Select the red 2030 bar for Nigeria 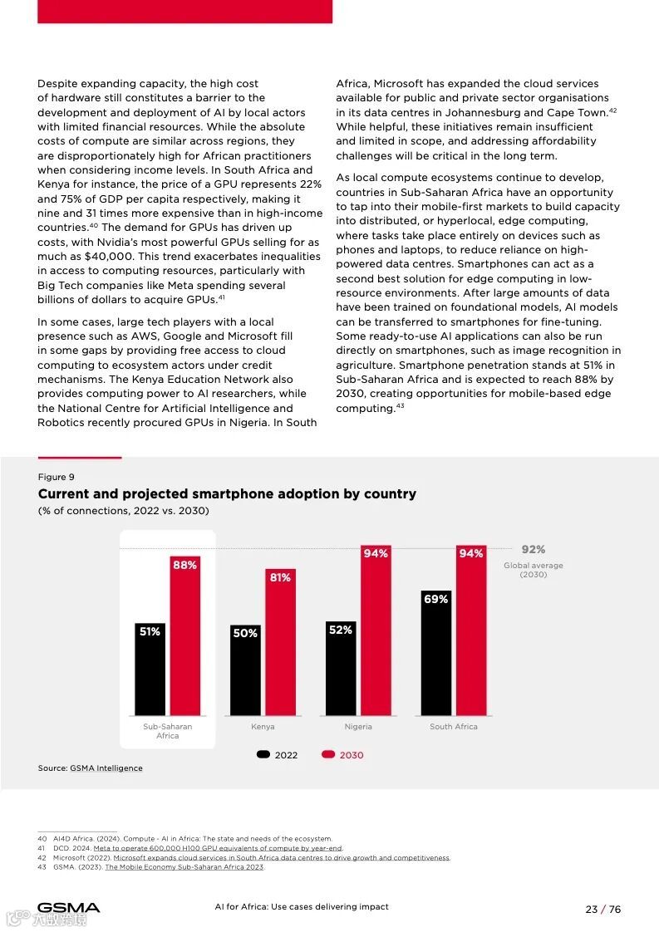point(376,631)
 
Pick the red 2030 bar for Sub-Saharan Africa point(184,636)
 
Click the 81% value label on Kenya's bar point(280,577)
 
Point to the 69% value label point(435,599)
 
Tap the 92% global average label point(533,550)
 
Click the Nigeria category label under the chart point(358,727)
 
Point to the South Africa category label point(453,727)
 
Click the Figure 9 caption point(56,477)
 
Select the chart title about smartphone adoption point(227,494)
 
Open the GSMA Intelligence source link point(106,768)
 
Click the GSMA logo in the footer point(68,908)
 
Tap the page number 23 point(592,909)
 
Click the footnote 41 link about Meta point(218,848)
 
